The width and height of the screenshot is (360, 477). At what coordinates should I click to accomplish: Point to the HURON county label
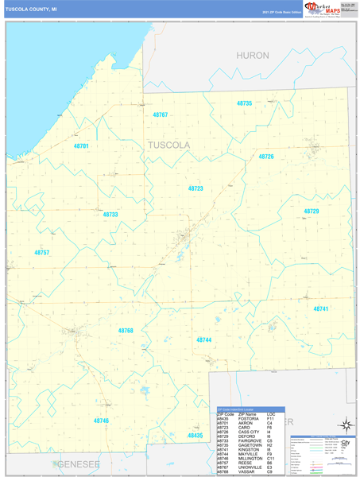[x=253, y=56]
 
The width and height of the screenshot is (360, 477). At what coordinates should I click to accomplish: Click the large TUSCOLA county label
[x=168, y=145]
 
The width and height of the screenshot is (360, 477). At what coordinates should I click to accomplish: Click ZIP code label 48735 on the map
[x=244, y=103]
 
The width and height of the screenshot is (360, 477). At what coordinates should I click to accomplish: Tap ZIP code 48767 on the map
[x=161, y=114]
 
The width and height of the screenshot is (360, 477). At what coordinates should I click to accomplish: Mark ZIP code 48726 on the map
[x=265, y=157]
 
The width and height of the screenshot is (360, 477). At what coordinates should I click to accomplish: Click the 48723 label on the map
[x=195, y=188]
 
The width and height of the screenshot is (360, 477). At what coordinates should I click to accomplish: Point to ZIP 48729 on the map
[x=311, y=211]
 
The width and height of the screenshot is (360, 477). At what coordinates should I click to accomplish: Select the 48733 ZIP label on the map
[x=110, y=215]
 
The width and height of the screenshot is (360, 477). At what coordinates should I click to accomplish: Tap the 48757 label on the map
[x=41, y=252]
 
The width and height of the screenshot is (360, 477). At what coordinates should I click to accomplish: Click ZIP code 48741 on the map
[x=320, y=308]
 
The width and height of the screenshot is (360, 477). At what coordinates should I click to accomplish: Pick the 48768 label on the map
[x=126, y=330]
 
